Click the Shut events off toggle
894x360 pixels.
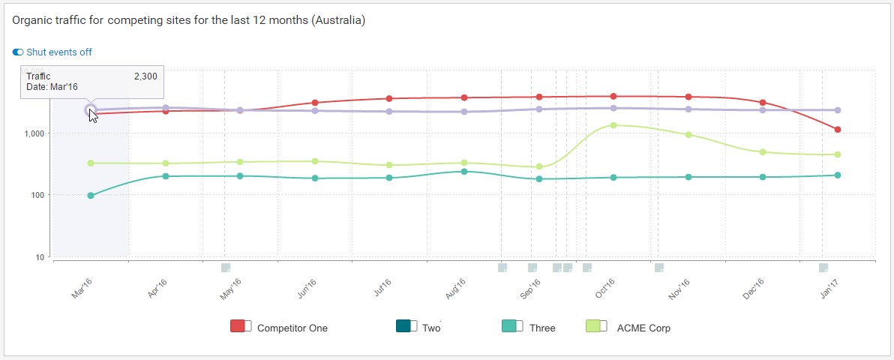[19, 52]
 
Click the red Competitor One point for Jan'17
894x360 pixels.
[837, 130]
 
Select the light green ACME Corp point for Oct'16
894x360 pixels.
[613, 125]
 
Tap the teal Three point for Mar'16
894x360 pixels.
[91, 196]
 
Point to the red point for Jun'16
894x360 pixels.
[315, 103]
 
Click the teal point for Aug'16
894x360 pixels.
[464, 172]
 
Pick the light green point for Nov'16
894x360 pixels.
[688, 135]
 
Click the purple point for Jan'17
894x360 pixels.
[837, 110]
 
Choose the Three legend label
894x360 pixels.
[542, 328]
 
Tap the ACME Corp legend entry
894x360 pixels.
[643, 328]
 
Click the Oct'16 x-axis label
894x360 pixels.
[605, 289]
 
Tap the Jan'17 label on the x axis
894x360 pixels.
[829, 289]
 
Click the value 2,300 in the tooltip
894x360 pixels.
[145, 76]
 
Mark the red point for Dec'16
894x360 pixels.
[762, 103]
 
